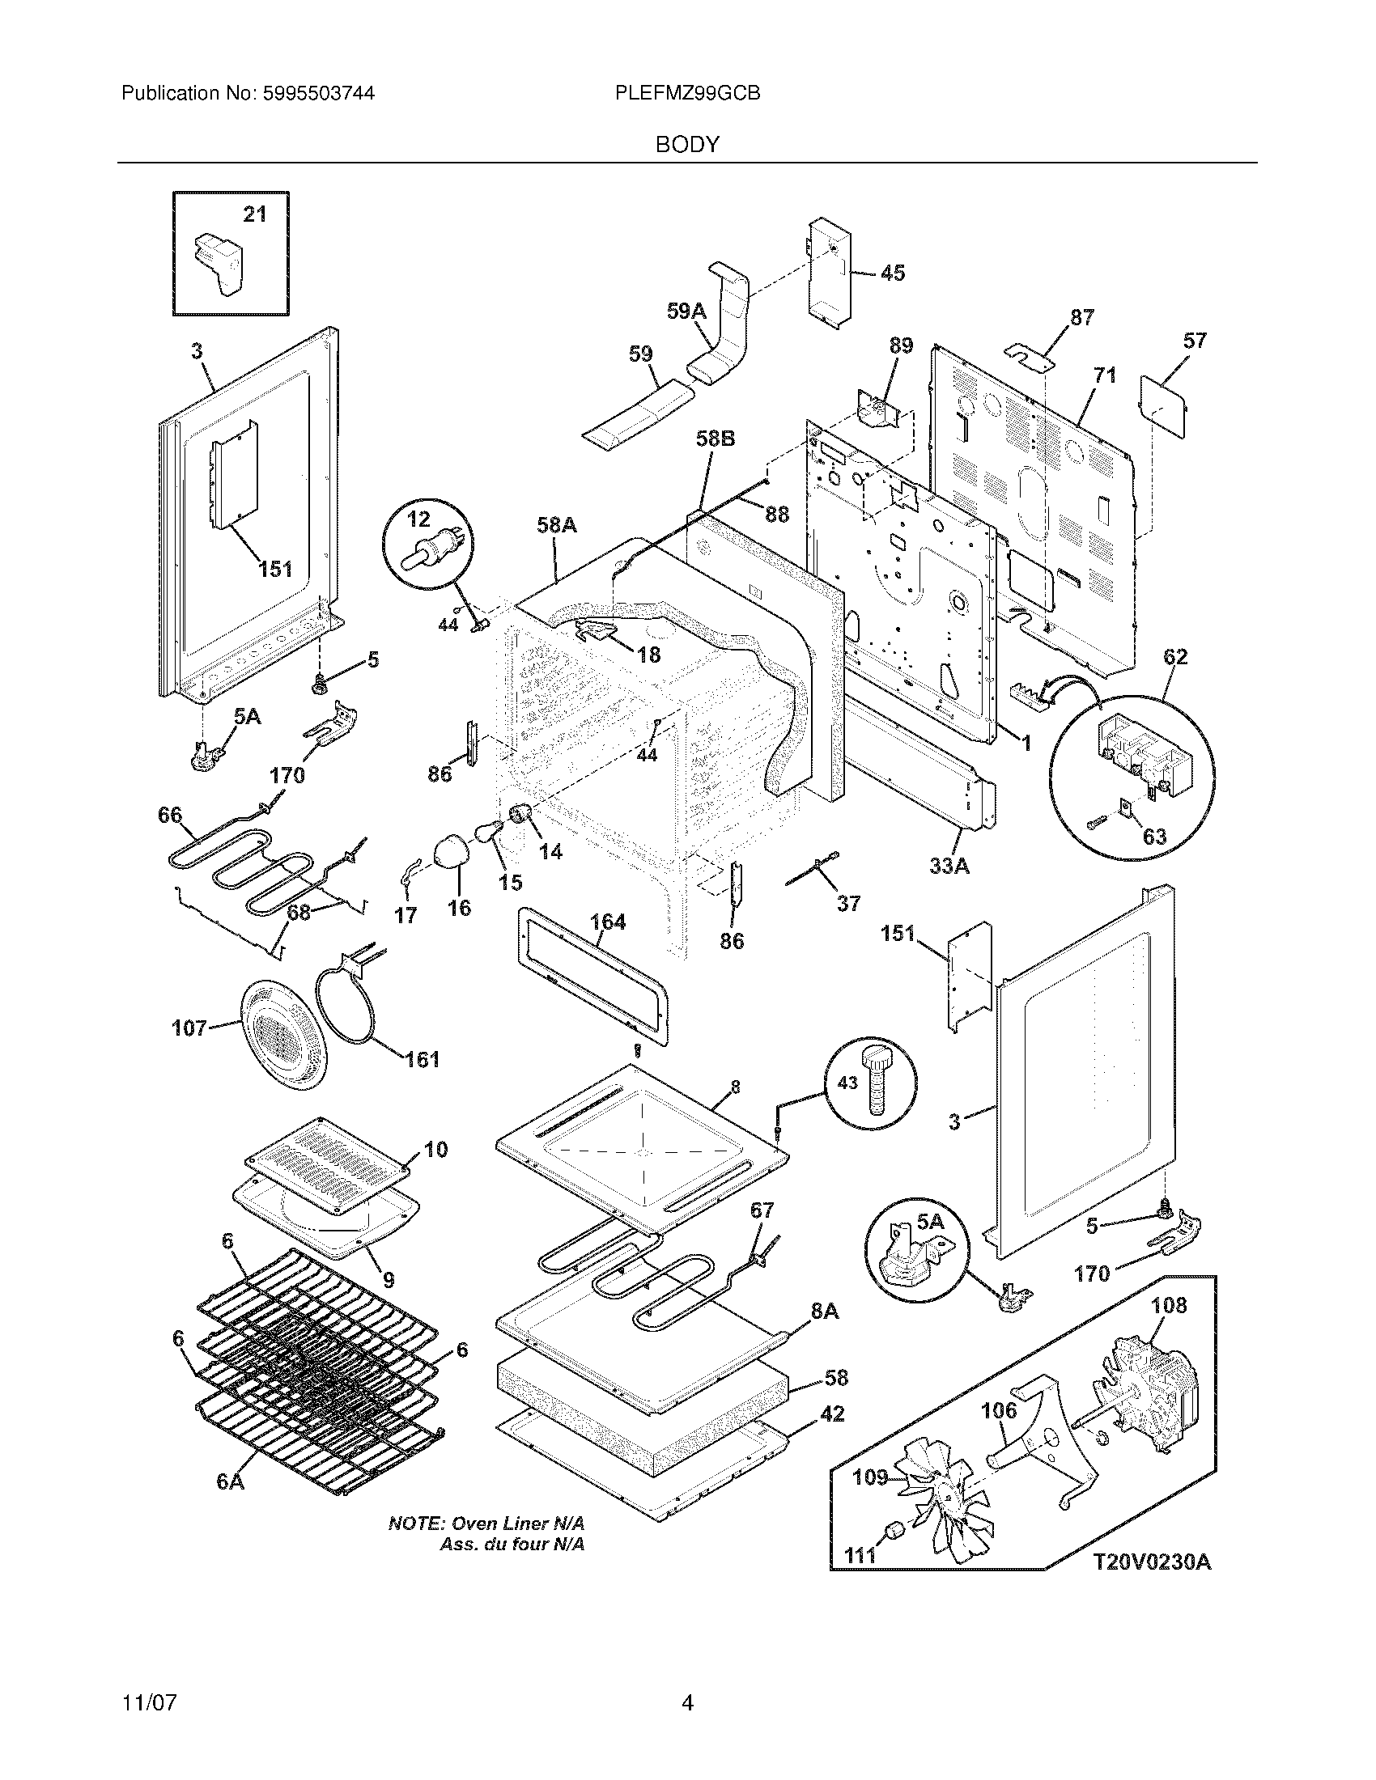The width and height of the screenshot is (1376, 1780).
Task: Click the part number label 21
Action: [x=255, y=214]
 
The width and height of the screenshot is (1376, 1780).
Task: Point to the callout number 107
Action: [x=189, y=1028]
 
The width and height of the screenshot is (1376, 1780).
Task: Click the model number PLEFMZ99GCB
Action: [x=688, y=94]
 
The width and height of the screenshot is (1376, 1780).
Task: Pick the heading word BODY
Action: [x=688, y=144]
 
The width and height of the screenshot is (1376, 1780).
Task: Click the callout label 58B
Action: [x=716, y=439]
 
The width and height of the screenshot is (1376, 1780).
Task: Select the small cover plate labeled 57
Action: [x=1163, y=405]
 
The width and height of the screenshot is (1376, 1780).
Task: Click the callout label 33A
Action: [x=949, y=866]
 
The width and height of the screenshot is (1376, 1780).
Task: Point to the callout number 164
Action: [x=607, y=922]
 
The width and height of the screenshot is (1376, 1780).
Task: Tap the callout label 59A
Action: [x=686, y=311]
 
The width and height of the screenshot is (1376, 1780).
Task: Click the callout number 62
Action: [x=1175, y=656]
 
